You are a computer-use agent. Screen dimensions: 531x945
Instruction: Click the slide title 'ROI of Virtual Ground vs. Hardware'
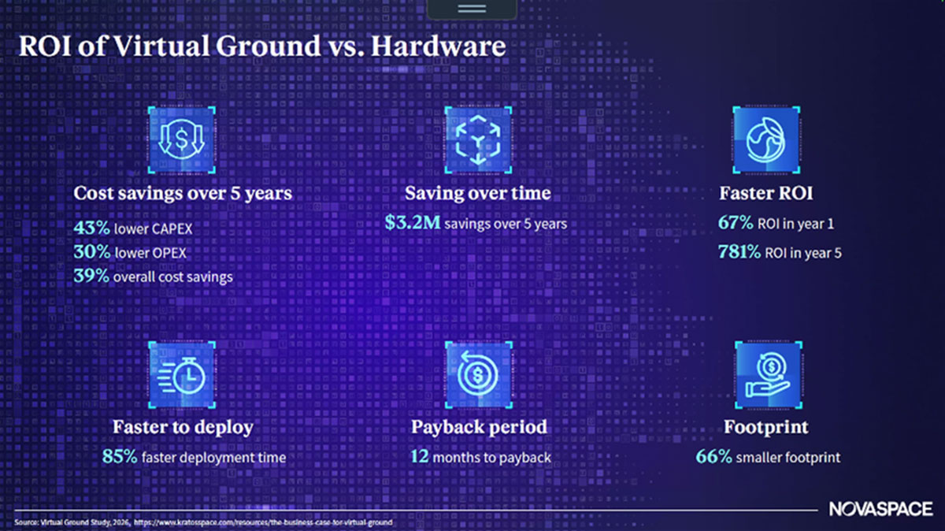pyautogui.click(x=261, y=46)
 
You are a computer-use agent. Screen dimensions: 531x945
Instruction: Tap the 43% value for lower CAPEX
pyautogui.click(x=91, y=228)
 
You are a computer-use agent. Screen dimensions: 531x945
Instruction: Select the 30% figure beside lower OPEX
pyautogui.click(x=91, y=252)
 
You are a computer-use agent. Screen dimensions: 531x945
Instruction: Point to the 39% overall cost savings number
pyautogui.click(x=91, y=277)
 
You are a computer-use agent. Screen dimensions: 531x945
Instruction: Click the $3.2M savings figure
pyautogui.click(x=412, y=223)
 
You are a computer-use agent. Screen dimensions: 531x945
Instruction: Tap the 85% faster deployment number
pyautogui.click(x=120, y=456)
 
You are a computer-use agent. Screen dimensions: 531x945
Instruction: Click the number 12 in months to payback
pyautogui.click(x=420, y=456)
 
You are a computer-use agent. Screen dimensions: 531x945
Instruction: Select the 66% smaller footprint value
pyautogui.click(x=713, y=456)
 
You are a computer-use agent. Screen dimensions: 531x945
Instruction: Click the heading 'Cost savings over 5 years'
pyautogui.click(x=183, y=193)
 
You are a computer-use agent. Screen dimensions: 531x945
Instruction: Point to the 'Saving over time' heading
pyautogui.click(x=477, y=193)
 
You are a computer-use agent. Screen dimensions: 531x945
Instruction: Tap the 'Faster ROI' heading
pyautogui.click(x=765, y=193)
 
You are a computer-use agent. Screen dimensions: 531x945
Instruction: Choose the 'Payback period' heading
pyautogui.click(x=479, y=427)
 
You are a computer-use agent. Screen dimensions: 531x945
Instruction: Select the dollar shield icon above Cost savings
pyautogui.click(x=182, y=140)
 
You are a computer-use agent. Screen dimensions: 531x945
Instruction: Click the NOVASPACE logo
pyautogui.click(x=880, y=510)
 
